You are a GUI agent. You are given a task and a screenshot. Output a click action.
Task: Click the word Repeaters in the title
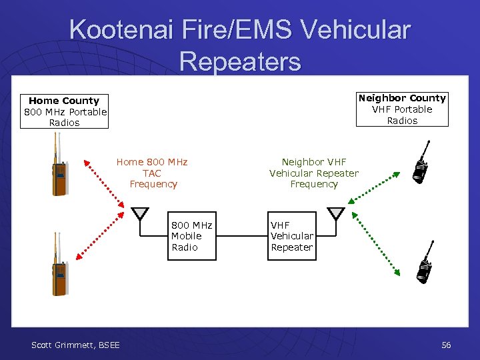click(240, 61)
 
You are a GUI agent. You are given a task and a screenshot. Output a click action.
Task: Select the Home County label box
click(64, 111)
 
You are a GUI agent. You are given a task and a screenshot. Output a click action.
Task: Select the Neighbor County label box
click(402, 109)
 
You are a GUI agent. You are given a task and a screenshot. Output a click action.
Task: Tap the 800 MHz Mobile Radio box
click(191, 236)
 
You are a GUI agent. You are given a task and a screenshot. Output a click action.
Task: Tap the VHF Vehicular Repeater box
click(291, 236)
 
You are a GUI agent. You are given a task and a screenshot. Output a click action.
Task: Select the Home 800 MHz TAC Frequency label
click(153, 173)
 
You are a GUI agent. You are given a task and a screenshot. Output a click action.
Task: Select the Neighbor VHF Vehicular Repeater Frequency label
click(314, 173)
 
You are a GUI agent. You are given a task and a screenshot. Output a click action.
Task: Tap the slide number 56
click(446, 345)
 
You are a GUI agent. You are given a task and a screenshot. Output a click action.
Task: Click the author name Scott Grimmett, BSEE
click(76, 345)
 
